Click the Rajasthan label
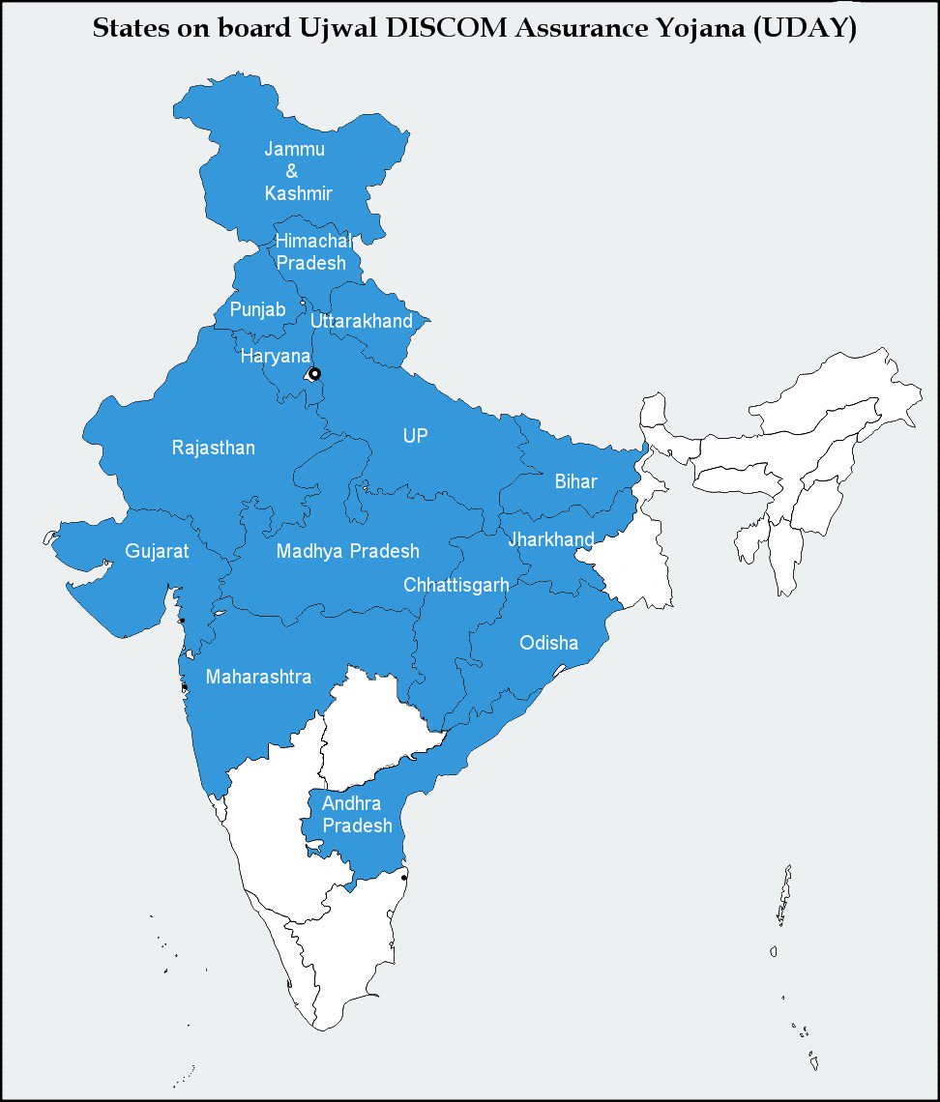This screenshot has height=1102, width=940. coord(214,448)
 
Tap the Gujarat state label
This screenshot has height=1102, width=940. coord(157,552)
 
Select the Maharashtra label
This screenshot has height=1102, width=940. coord(258,677)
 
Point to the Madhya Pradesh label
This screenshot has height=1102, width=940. coord(348,551)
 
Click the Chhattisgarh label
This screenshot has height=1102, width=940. coord(455,585)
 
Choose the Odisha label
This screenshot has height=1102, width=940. coord(548,643)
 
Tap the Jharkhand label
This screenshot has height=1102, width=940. coord(551,539)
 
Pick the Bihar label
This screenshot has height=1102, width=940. coord(575,481)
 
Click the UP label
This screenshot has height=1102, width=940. coord(415,436)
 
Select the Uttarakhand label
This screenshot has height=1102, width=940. coord(362,321)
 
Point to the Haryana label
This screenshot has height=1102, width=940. coord(275,357)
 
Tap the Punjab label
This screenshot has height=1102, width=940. coord(257,309)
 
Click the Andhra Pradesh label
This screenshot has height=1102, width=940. coord(357,815)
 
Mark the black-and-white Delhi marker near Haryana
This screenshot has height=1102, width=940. coord(313,373)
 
